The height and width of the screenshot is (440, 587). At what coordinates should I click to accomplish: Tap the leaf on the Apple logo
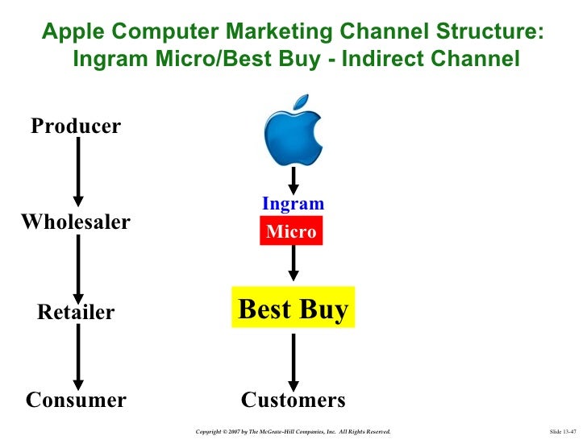click(x=301, y=102)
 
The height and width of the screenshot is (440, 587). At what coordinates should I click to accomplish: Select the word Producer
click(x=76, y=127)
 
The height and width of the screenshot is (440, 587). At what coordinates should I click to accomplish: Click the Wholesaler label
click(x=75, y=222)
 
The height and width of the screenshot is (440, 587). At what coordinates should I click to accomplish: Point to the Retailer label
click(x=76, y=312)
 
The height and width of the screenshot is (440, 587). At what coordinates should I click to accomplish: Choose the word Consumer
click(x=76, y=400)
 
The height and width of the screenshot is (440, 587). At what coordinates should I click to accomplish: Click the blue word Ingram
click(x=293, y=204)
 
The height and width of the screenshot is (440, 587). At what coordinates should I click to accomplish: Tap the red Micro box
click(x=292, y=232)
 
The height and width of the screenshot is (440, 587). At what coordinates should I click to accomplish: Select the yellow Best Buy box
click(x=293, y=309)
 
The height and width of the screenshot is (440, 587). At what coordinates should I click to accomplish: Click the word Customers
click(x=293, y=400)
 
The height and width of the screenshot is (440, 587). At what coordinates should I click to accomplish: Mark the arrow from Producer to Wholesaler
click(x=78, y=171)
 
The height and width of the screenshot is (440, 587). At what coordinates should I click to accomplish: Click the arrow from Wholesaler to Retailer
click(x=78, y=266)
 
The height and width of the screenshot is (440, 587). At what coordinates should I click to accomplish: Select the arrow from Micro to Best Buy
click(x=293, y=262)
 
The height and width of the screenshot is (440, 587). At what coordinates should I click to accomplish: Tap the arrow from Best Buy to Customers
click(x=293, y=359)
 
